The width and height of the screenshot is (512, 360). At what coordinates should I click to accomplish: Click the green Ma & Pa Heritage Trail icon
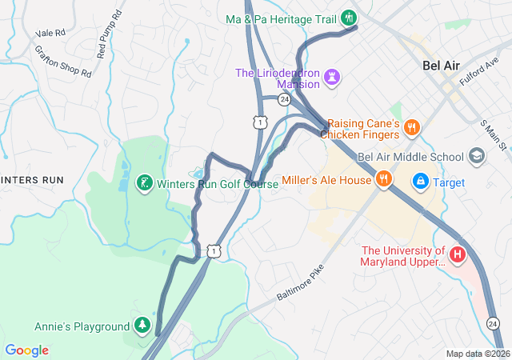pyautogui.click(x=349, y=18)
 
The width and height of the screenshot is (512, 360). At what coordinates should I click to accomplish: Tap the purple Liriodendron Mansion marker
pyautogui.click(x=332, y=77)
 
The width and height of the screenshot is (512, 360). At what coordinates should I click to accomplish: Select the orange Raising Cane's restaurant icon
pyautogui.click(x=411, y=126)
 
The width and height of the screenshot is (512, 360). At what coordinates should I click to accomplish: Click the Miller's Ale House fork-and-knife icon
pyautogui.click(x=384, y=179)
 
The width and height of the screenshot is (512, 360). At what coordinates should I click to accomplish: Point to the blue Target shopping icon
pyautogui.click(x=420, y=182)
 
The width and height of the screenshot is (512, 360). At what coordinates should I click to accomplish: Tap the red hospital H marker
pyautogui.click(x=457, y=255)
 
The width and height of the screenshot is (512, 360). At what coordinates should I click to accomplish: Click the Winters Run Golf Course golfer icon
pyautogui.click(x=144, y=183)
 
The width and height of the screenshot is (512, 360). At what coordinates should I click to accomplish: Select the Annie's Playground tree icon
pyautogui.click(x=142, y=326)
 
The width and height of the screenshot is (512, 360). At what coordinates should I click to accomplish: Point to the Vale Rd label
pyautogui.click(x=49, y=34)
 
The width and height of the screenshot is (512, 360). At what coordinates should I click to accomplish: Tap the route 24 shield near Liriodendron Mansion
pyautogui.click(x=284, y=99)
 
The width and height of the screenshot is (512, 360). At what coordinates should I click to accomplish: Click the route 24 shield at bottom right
pyautogui.click(x=494, y=322)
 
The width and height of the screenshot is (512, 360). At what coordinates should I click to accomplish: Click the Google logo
pyautogui.click(x=26, y=350)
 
